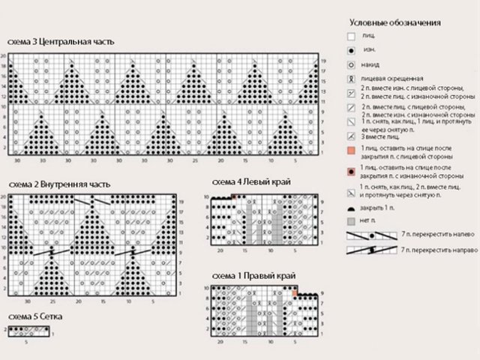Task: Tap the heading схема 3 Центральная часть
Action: point(61,42)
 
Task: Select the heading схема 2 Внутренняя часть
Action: point(59,184)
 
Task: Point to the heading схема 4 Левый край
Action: point(251,181)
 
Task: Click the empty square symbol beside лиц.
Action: point(350,36)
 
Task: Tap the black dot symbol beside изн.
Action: point(350,51)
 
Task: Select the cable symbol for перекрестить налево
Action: point(370,235)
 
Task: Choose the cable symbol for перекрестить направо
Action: point(370,248)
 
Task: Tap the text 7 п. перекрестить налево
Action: point(439,235)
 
